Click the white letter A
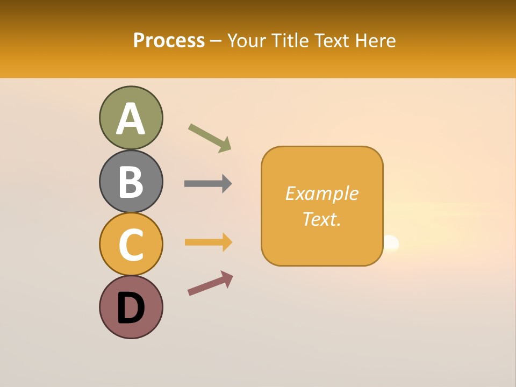131,119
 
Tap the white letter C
131,245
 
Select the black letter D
131,308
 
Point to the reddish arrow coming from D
210,283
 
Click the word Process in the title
169,41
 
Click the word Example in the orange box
321,193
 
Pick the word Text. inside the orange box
321,219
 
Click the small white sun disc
391,244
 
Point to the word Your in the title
246,41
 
